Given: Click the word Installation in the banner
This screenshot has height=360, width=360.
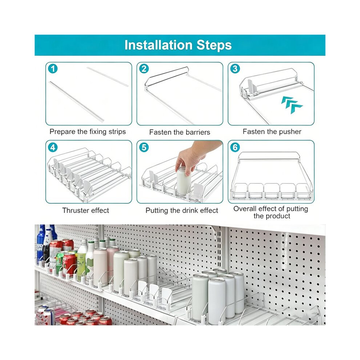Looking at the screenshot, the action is (158, 45).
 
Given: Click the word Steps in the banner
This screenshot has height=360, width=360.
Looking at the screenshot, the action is (214, 45).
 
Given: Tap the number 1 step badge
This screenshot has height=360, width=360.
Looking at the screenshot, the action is (53, 69).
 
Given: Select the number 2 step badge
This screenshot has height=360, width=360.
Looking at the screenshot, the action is (144, 69).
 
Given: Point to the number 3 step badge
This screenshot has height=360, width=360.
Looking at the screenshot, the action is (235, 69).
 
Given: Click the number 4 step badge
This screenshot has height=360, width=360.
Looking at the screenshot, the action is (53, 147).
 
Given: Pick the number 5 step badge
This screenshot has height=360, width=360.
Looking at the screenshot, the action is (144, 147).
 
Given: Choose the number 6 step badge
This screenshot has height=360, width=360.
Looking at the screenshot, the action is (235, 147).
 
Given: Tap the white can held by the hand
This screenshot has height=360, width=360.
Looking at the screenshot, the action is (183, 181).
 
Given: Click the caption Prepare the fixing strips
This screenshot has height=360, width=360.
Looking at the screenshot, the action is (88, 132).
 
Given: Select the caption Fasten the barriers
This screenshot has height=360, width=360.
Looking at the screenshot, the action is (180, 132).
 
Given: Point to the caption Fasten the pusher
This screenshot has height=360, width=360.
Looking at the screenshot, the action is (272, 132).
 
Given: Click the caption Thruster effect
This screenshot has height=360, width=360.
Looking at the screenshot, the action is (86, 210).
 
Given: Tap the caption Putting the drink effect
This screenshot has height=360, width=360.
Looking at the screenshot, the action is (181, 211).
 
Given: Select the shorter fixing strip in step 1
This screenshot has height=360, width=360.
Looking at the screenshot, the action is (107, 77).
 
